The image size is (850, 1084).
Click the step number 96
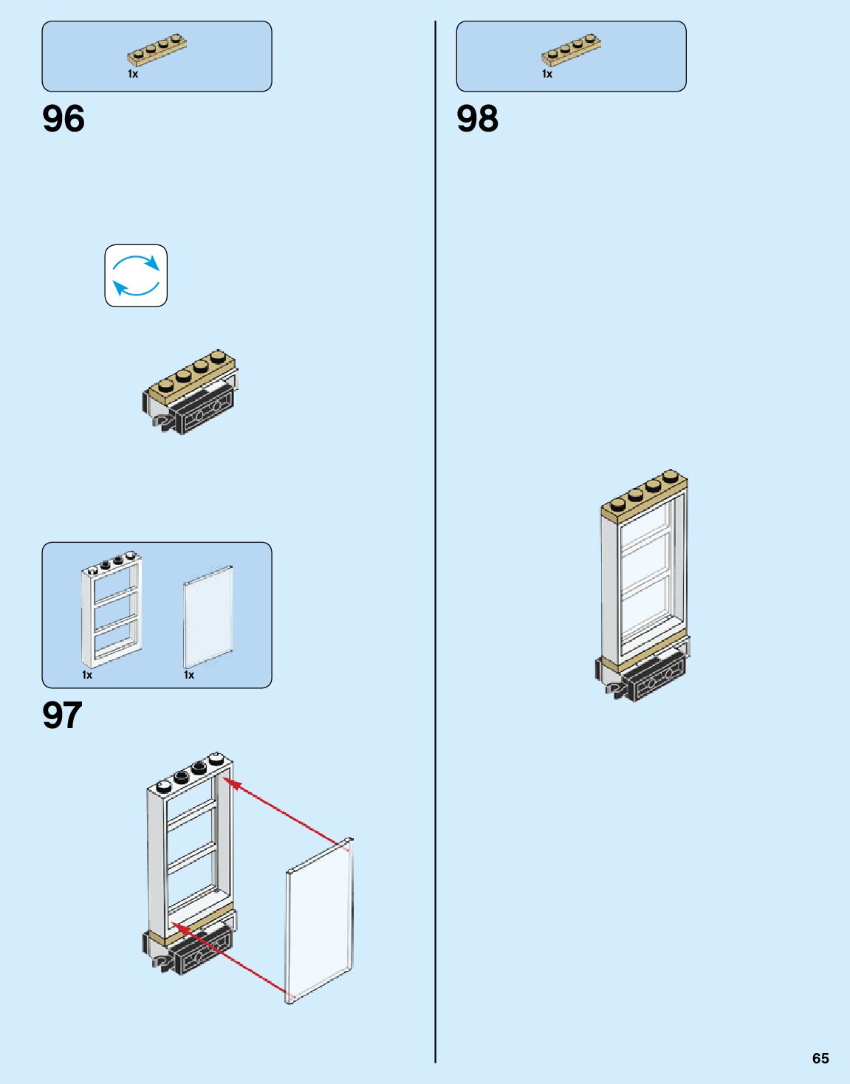pos(64,119)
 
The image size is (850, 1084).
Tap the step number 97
pos(62,715)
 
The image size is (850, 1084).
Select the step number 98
pos(477,119)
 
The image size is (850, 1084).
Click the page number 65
pos(820,1058)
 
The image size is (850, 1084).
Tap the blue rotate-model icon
pos(136,275)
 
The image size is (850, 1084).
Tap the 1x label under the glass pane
pos(189,675)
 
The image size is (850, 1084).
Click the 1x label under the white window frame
pos(87,675)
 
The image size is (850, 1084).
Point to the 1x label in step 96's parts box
pos(133,74)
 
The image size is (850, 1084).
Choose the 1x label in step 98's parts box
pos(547,74)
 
